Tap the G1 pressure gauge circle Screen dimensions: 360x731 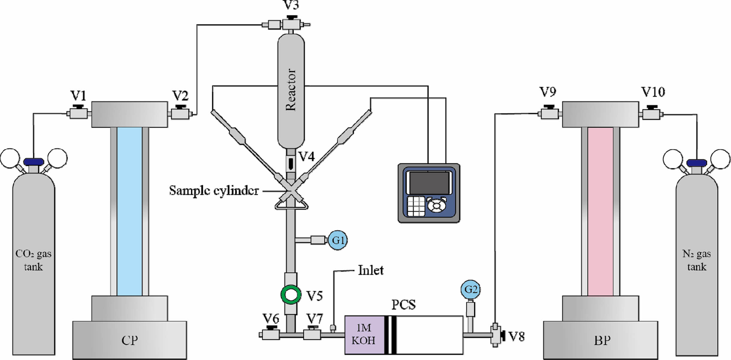[338, 240]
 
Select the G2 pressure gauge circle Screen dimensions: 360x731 [470, 289]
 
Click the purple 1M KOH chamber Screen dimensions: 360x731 [364, 335]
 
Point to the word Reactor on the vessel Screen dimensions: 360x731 [291, 90]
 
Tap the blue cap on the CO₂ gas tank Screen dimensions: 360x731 [34, 162]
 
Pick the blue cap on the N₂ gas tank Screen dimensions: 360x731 [697, 163]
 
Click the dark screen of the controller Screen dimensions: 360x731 [429, 183]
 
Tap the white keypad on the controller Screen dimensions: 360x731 [416, 206]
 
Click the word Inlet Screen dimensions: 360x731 [371, 270]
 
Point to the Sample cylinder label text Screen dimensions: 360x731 [214, 190]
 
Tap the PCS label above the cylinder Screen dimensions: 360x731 [404, 305]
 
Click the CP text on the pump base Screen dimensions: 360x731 [130, 340]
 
